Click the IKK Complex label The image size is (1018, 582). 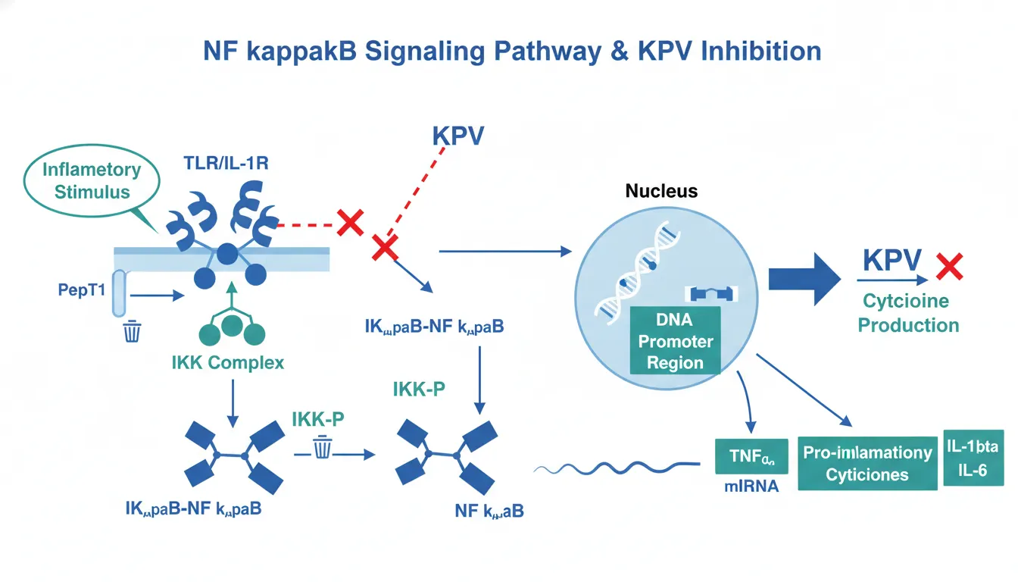pyautogui.click(x=228, y=362)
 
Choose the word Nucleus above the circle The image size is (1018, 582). pyautogui.click(x=661, y=192)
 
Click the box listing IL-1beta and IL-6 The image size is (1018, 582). pyautogui.click(x=971, y=458)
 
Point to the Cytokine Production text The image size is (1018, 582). pyautogui.click(x=910, y=313)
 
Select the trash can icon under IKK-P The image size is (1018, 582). pyautogui.click(x=323, y=448)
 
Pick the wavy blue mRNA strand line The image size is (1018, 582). pyautogui.click(x=615, y=465)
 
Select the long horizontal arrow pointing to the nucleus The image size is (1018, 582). pyautogui.click(x=503, y=249)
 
